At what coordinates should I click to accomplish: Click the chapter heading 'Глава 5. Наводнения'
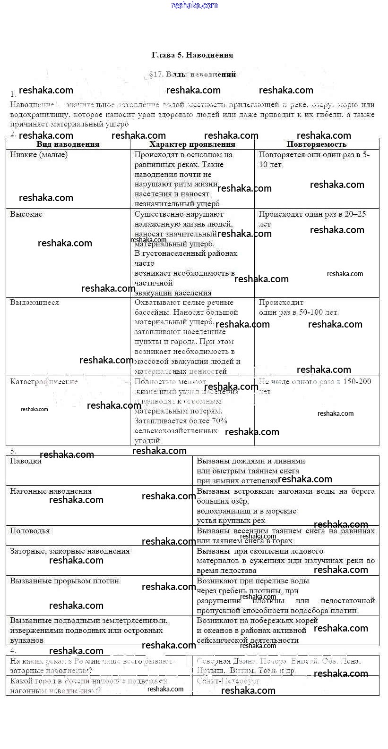[192, 55]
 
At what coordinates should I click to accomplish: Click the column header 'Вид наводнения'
[68, 144]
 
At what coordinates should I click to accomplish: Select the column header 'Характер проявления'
[192, 144]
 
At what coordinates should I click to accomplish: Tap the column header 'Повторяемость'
[316, 144]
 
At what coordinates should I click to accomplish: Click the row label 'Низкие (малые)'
[39, 155]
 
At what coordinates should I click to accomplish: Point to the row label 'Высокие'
[26, 214]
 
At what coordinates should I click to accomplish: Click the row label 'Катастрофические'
[44, 382]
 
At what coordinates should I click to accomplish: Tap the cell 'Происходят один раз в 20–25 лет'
[312, 219]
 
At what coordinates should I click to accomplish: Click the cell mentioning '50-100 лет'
[299, 312]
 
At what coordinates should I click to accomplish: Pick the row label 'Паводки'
[26, 461]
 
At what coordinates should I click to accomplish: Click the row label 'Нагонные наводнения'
[51, 491]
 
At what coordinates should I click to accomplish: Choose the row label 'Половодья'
[30, 531]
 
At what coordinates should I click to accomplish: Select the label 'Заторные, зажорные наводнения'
[69, 551]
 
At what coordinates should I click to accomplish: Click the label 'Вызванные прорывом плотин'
[64, 581]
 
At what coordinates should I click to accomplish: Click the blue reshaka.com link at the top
[195, 5]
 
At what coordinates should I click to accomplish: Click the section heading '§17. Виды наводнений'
[192, 75]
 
